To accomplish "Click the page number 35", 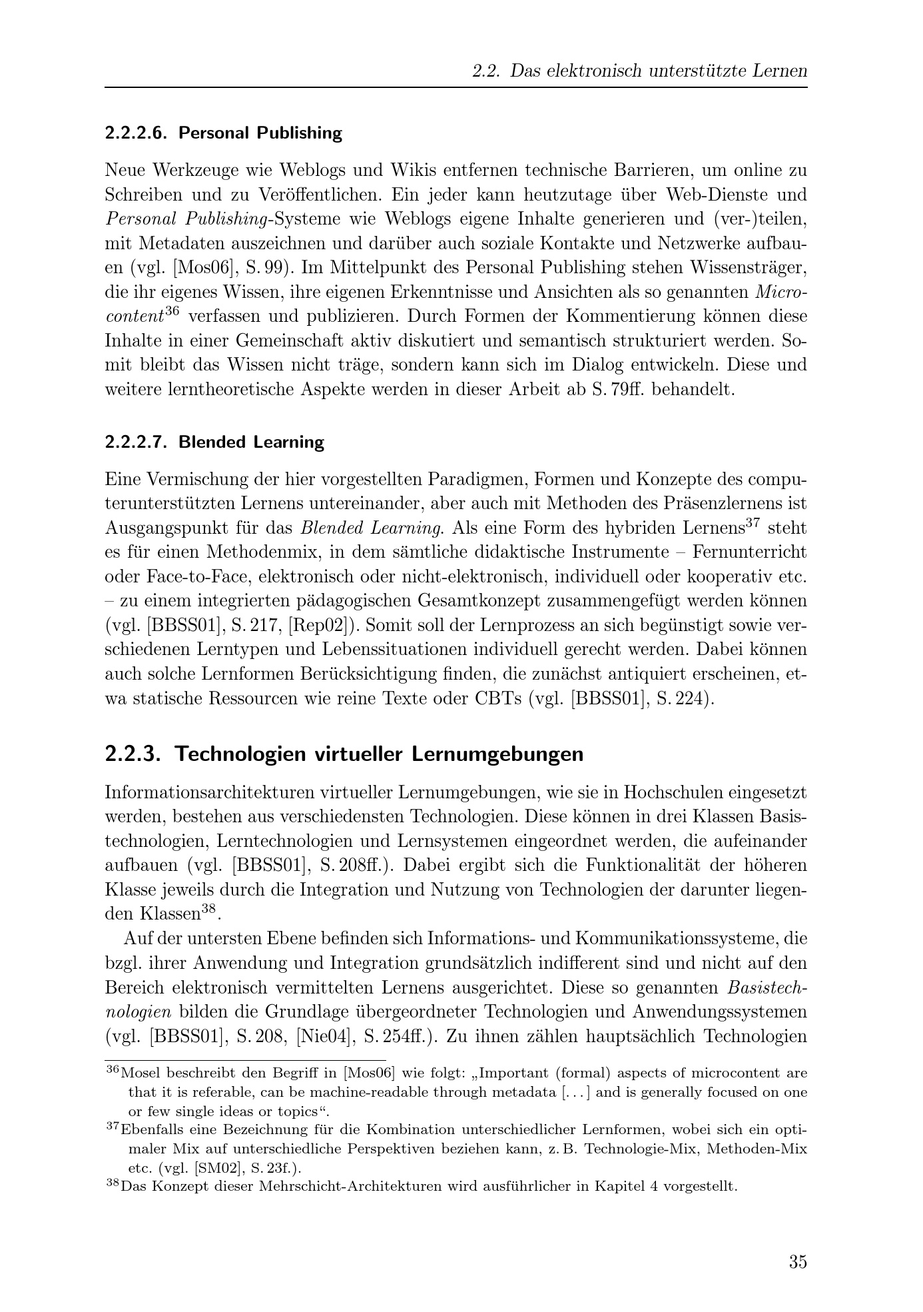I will pos(798,1261).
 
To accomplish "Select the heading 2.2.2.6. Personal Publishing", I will pos(223,133).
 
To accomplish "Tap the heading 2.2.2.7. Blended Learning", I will pos(214,442).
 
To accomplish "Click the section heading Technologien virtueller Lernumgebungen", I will pos(344,754).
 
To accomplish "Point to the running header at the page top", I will pos(639,71).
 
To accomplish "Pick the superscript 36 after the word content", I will pos(172,311).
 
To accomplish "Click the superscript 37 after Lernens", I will pos(752,523).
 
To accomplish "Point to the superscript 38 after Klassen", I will pos(209,908).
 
